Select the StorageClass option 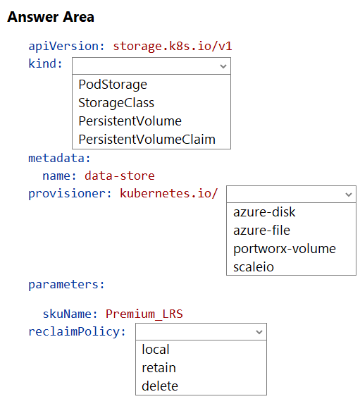pos(116,103)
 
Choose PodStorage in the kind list pos(113,85)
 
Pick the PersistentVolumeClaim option pos(147,140)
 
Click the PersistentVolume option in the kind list pos(130,121)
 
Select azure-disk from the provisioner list pos(264,212)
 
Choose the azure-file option pos(261,231)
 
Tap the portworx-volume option pos(285,249)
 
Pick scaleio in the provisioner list pos(254,267)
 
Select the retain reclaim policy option pos(159,368)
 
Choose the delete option pos(160,386)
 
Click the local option pos(156,349)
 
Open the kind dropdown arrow pos(223,66)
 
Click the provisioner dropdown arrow pos(349,195)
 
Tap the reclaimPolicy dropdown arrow pos(259,332)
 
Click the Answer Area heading pos(51,17)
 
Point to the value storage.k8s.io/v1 pos(173,47)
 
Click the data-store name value pos(120,176)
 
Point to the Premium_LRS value pos(144,314)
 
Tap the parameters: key pos(66,285)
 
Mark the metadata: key pos(59,159)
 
